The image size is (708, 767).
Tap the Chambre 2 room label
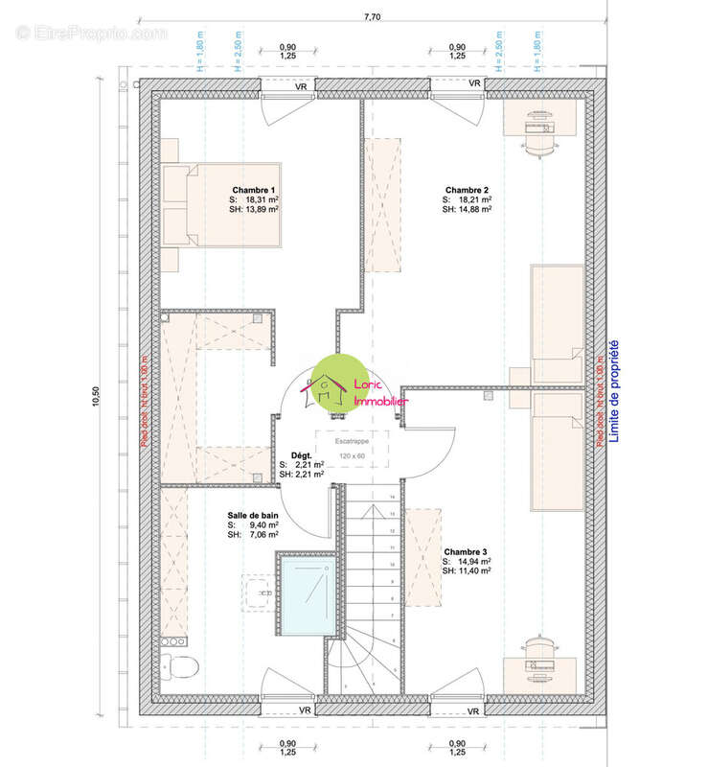point(467,190)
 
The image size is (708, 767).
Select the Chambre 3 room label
point(467,552)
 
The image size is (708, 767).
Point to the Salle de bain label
point(253,515)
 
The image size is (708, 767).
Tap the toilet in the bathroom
point(178,664)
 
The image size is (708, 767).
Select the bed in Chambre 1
point(220,204)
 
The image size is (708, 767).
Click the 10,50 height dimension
point(96,397)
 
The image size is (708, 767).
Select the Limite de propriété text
point(614,394)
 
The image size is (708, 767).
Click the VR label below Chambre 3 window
point(472,710)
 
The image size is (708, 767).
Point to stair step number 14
point(393,497)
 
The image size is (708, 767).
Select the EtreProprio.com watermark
point(91,33)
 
